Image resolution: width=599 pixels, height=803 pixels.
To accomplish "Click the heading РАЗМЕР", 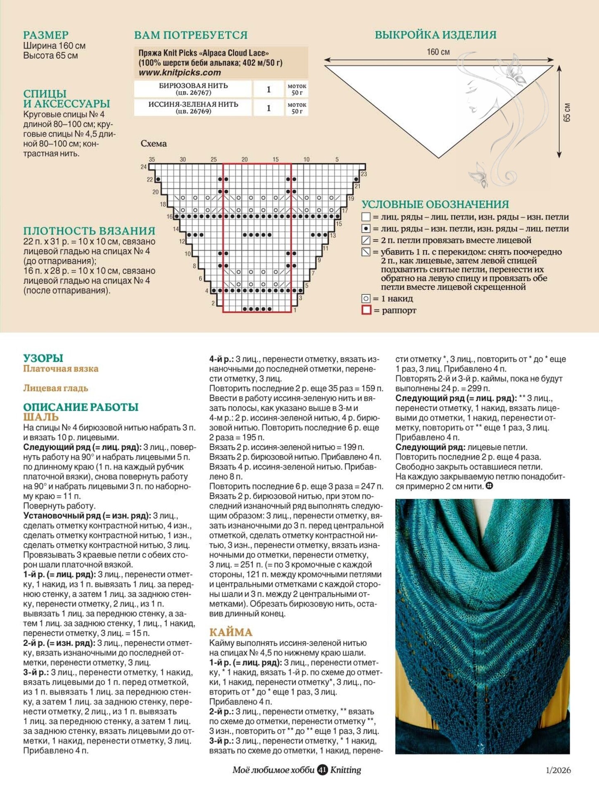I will coord(45,35).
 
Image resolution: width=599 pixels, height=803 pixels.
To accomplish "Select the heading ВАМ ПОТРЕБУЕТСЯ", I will coord(191,35).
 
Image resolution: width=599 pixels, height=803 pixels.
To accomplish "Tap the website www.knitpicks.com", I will coord(180,73).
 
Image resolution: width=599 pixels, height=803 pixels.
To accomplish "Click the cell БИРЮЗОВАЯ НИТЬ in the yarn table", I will coord(193,89).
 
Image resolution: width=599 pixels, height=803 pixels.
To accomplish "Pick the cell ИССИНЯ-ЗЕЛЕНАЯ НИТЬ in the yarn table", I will coord(193,107).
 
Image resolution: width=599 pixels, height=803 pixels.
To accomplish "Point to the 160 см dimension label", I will coord(438,52).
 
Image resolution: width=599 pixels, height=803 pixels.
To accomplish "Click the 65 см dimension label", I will coord(567,112).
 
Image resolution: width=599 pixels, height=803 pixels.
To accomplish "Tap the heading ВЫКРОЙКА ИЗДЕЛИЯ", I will coord(435,35).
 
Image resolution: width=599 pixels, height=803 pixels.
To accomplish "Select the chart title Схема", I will coord(153,144).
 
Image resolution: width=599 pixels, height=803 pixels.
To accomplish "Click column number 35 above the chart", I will coord(152,159).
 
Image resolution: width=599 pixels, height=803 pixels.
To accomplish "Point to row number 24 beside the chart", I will coord(143,167).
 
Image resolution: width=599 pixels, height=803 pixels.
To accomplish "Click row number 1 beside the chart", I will coord(295,310).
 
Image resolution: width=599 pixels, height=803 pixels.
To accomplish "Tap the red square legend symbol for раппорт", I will coord(366,310).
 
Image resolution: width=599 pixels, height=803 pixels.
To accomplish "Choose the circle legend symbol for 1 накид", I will coord(366,298).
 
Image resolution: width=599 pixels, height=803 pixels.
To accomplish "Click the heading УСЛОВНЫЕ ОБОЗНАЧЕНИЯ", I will coord(435,204).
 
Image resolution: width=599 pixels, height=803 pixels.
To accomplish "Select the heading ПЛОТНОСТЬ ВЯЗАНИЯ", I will coord(89,231).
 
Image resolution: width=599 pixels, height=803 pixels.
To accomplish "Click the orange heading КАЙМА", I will coord(231,632).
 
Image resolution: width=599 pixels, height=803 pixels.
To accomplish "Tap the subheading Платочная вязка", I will coord(61,369).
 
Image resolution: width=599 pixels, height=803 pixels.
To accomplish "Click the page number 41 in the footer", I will coord(322,770).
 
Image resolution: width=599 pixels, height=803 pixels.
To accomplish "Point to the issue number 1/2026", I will coord(558,770).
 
